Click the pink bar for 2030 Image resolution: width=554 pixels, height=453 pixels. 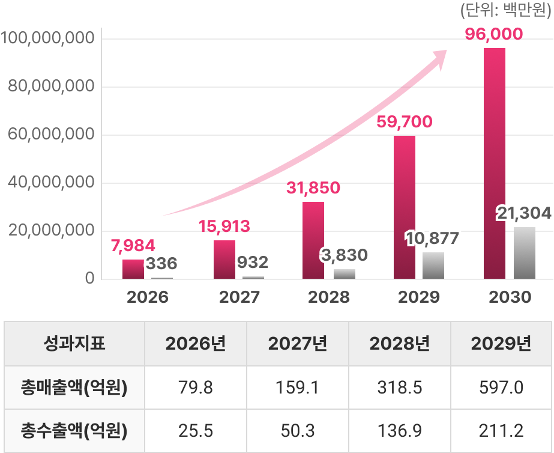(494, 162)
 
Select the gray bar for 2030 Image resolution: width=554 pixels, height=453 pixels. (524, 253)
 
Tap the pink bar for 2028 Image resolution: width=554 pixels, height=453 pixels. (313, 240)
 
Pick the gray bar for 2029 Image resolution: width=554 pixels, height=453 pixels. (433, 266)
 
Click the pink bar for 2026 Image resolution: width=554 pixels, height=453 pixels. (133, 269)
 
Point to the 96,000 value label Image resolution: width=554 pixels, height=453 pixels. (494, 34)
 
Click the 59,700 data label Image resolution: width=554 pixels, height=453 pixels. (404, 123)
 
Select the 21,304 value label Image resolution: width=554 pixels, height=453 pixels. (523, 213)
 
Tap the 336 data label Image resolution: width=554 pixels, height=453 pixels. (161, 263)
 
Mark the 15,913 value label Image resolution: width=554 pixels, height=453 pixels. (224, 227)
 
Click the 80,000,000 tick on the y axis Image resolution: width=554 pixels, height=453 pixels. (52, 87)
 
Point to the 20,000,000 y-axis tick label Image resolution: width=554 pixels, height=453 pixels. (52, 231)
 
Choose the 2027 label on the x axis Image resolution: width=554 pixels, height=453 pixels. (239, 297)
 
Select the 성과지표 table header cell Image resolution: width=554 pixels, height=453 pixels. (74, 344)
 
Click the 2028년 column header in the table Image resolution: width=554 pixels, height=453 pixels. (399, 344)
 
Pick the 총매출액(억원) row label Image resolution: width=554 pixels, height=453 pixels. (74, 388)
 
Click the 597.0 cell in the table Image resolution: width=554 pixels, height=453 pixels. (501, 388)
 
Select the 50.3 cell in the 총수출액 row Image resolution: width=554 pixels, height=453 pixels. (298, 431)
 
